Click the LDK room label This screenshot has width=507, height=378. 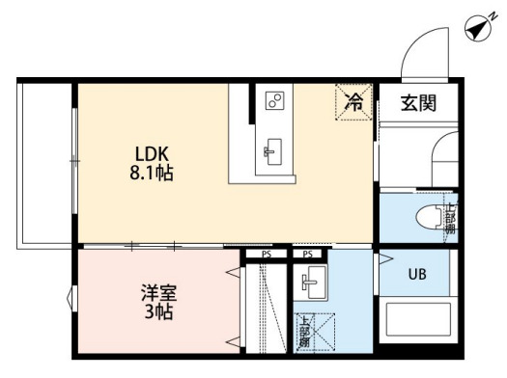154,155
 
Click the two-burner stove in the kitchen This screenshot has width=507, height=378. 274,101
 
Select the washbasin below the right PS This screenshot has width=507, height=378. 309,283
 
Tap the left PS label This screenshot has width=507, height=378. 265,254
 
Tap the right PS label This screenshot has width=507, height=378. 308,254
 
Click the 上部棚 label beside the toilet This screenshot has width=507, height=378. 449,219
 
